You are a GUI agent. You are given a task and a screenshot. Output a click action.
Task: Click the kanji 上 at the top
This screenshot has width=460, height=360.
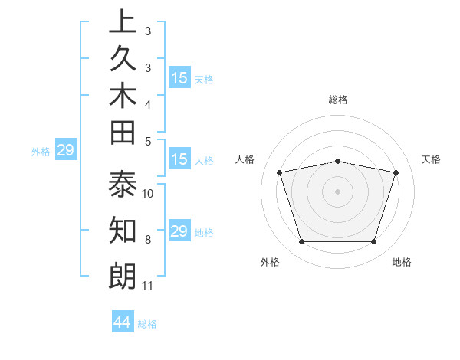pyautogui.click(x=123, y=21)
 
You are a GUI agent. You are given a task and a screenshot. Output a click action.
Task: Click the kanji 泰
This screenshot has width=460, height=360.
pyautogui.click(x=123, y=186)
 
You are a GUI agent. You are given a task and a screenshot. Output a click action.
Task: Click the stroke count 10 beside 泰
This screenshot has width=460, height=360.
pyautogui.click(x=148, y=193)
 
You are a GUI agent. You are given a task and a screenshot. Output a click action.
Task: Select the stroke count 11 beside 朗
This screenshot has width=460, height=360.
pyautogui.click(x=148, y=286)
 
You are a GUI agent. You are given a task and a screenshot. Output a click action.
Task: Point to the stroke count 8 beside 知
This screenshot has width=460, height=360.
pyautogui.click(x=148, y=240)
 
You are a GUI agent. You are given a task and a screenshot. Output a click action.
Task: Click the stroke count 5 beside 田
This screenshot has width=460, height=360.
pyautogui.click(x=148, y=141)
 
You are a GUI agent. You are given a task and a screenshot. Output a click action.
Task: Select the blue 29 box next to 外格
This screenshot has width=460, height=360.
pyautogui.click(x=65, y=151)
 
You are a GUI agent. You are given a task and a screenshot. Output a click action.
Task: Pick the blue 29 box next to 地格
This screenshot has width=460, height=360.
pyautogui.click(x=179, y=231)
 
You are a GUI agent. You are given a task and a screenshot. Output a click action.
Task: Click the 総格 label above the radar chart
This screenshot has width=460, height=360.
pyautogui.click(x=338, y=100)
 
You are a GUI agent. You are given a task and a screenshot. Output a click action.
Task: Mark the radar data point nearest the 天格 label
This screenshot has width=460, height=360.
pyautogui.click(x=396, y=173)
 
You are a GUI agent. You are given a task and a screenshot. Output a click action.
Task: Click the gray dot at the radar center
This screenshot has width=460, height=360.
pyautogui.click(x=338, y=191)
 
